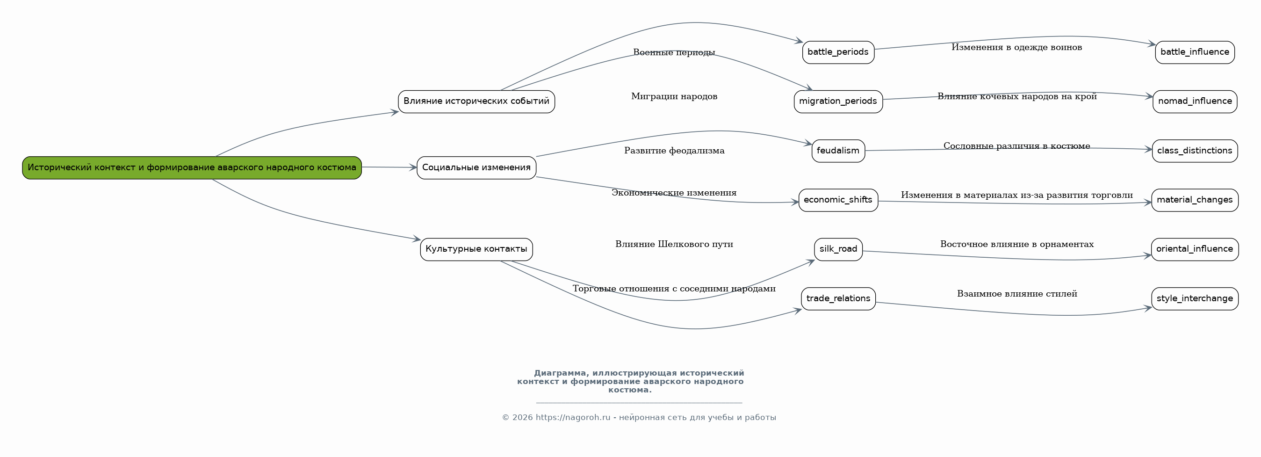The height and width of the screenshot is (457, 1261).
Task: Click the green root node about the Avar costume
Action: [x=192, y=167]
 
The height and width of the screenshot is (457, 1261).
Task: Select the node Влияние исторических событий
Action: [x=476, y=102]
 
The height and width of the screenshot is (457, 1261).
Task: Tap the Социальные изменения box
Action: [x=476, y=167]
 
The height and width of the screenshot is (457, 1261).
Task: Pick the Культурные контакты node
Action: [x=476, y=249]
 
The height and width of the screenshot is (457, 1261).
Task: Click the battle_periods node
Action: [x=838, y=52]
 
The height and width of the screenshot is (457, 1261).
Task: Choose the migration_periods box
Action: [x=838, y=102]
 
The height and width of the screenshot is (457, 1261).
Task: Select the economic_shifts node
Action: [x=838, y=200]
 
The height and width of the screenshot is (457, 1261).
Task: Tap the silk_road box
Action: [x=838, y=249]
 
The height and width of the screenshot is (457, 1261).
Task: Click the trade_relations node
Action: [x=838, y=298]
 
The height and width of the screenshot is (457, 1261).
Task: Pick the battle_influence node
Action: [x=1195, y=52]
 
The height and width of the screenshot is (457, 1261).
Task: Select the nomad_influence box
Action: [x=1195, y=102]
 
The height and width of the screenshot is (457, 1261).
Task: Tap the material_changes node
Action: [x=1195, y=200]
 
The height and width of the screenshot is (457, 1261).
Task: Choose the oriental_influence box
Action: [x=1195, y=249]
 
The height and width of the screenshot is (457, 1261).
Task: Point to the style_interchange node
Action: [x=1195, y=298]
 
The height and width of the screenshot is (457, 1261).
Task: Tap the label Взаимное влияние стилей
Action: [x=1017, y=294]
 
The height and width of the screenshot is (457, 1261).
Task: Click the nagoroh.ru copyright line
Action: [x=639, y=417]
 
